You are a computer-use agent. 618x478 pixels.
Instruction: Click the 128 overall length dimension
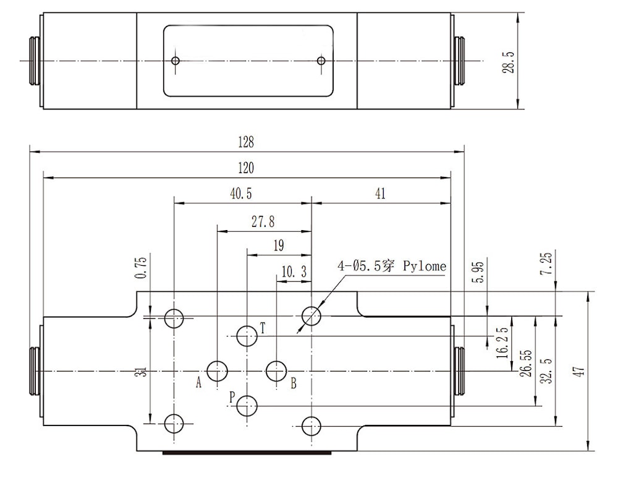tap(246, 142)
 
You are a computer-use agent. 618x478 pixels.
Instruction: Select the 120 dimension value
tap(246, 168)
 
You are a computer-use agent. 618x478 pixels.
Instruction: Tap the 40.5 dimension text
tap(241, 194)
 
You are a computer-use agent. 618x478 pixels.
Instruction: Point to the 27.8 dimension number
tap(263, 221)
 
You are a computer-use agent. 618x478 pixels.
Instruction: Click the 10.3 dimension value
tap(294, 271)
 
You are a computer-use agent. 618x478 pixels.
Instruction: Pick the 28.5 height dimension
tap(509, 62)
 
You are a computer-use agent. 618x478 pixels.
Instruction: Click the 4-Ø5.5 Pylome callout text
tap(392, 267)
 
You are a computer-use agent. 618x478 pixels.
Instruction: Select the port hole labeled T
tap(247, 336)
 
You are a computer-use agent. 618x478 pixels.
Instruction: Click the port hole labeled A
tap(217, 371)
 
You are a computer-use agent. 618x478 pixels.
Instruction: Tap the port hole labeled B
tap(276, 371)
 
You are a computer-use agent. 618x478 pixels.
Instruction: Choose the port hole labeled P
tap(247, 406)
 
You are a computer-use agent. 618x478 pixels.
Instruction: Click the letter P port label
tap(232, 397)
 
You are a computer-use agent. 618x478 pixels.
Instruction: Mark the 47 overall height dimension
tap(580, 371)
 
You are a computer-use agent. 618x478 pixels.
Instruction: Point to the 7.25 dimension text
tap(548, 264)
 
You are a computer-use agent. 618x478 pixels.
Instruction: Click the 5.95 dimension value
tap(480, 272)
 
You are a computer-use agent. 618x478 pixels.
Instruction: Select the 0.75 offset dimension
tap(141, 267)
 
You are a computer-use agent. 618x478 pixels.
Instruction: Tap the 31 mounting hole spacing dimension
tap(143, 372)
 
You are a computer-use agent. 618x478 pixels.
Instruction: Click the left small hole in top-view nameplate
tap(176, 61)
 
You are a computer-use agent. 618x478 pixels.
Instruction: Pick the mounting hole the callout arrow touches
tap(311, 315)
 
